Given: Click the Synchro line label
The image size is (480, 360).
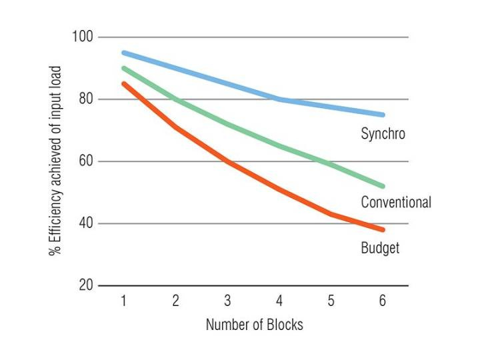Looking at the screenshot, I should click(x=383, y=134).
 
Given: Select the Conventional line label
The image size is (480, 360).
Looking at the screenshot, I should click(x=395, y=202).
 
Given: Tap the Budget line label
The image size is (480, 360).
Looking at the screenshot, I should click(x=380, y=248).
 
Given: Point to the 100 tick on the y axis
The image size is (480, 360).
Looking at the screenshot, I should click(x=83, y=37).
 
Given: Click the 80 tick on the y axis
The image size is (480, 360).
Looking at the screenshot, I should click(x=85, y=99).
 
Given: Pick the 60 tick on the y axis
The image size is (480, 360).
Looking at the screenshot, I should click(x=85, y=161).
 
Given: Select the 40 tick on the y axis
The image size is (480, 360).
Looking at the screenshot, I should click(x=85, y=223).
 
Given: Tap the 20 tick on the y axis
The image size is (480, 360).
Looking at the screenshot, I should click(x=85, y=285).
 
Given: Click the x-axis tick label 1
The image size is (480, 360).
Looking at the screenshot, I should click(x=124, y=301).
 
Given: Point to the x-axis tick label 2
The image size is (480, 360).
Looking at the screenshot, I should click(x=175, y=301).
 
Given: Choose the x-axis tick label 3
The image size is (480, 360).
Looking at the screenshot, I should click(x=227, y=301).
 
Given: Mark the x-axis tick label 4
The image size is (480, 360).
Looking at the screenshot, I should click(x=279, y=301).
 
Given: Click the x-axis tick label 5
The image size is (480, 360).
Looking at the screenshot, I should click(x=331, y=301).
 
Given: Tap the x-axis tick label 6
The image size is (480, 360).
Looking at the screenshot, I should click(x=382, y=301).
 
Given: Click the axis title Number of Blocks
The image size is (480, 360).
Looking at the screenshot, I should click(x=254, y=325).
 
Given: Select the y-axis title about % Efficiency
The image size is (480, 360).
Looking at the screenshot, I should click(x=55, y=161).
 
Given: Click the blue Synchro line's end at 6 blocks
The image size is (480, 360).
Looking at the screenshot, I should click(x=382, y=115).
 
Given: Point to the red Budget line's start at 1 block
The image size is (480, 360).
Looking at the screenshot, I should click(x=124, y=83).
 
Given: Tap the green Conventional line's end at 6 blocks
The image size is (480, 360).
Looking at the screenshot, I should click(x=382, y=186).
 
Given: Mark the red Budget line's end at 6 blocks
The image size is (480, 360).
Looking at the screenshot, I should click(x=382, y=229).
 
